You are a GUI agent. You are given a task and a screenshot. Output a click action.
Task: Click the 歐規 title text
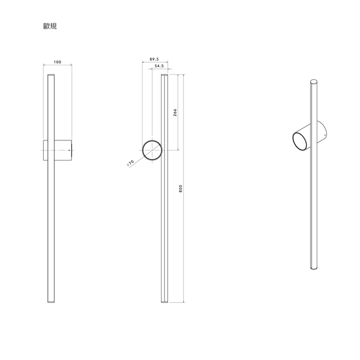click(x=50, y=26)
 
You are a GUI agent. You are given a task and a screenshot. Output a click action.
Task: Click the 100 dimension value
click(x=57, y=62)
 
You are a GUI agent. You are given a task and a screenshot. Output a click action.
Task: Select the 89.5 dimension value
click(x=154, y=59)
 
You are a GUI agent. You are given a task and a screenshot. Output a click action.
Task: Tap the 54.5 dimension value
click(x=159, y=66)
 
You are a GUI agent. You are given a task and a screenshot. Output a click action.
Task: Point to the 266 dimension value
click(x=175, y=113)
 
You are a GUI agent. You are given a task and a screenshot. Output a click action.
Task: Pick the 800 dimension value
click(x=181, y=188)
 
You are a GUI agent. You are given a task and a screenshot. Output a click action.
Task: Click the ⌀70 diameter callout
click(x=130, y=163)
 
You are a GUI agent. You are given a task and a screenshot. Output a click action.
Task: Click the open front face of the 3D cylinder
click(x=299, y=142)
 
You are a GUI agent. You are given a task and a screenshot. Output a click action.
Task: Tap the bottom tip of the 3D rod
click(x=314, y=269)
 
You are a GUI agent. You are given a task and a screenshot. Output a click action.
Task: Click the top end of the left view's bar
click(x=51, y=76)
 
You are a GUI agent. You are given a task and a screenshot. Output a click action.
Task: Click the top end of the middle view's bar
click(x=165, y=76)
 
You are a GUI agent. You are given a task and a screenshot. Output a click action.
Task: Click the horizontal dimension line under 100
click(x=57, y=65)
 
